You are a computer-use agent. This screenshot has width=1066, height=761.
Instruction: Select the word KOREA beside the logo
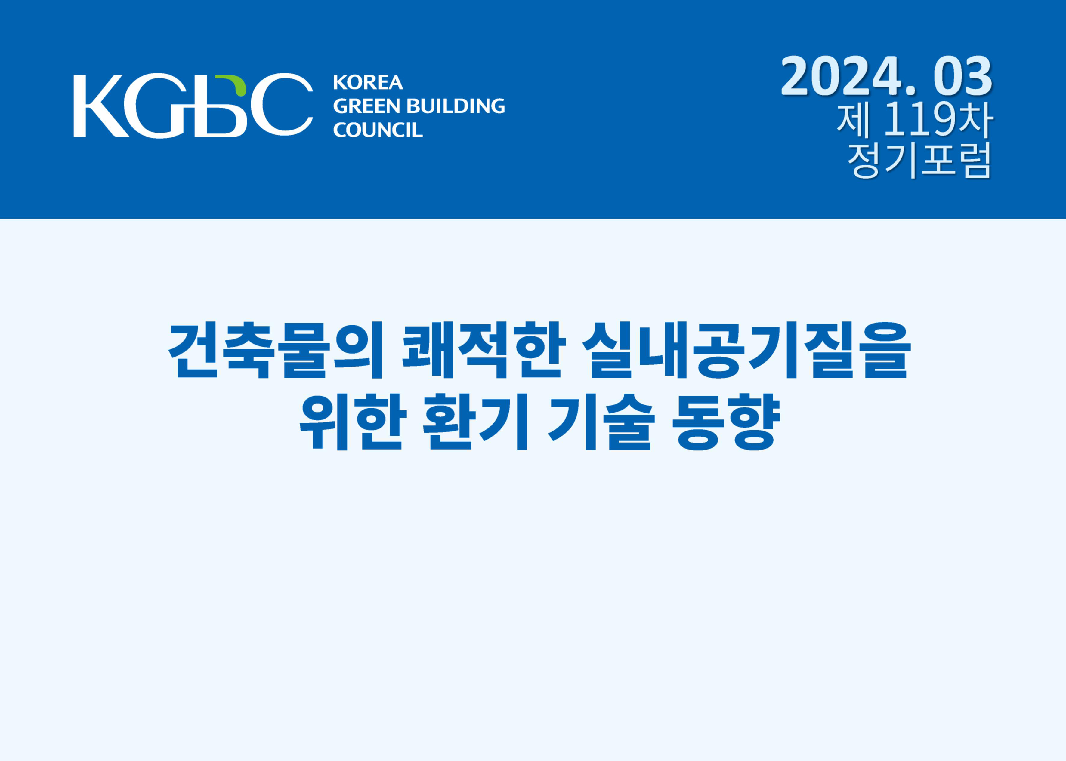(x=368, y=82)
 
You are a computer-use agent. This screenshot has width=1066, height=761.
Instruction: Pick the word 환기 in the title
(x=476, y=422)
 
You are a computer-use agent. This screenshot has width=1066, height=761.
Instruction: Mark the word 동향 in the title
(x=726, y=422)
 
